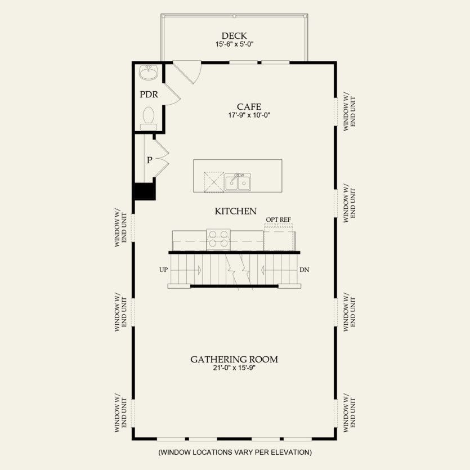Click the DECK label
(x=235, y=35)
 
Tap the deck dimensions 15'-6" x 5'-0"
(x=235, y=44)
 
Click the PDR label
(x=148, y=94)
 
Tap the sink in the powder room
(x=149, y=73)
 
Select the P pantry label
(x=149, y=160)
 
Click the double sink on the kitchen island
(x=238, y=181)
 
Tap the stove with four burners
(x=218, y=239)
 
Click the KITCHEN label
(x=235, y=211)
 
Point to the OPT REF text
(x=278, y=220)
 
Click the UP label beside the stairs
(x=164, y=270)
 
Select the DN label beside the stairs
(x=305, y=270)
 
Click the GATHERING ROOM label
(x=234, y=359)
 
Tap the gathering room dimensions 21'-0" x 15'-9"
(x=234, y=368)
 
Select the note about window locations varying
(x=235, y=452)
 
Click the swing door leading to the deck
(x=187, y=72)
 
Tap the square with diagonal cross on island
(x=213, y=181)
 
